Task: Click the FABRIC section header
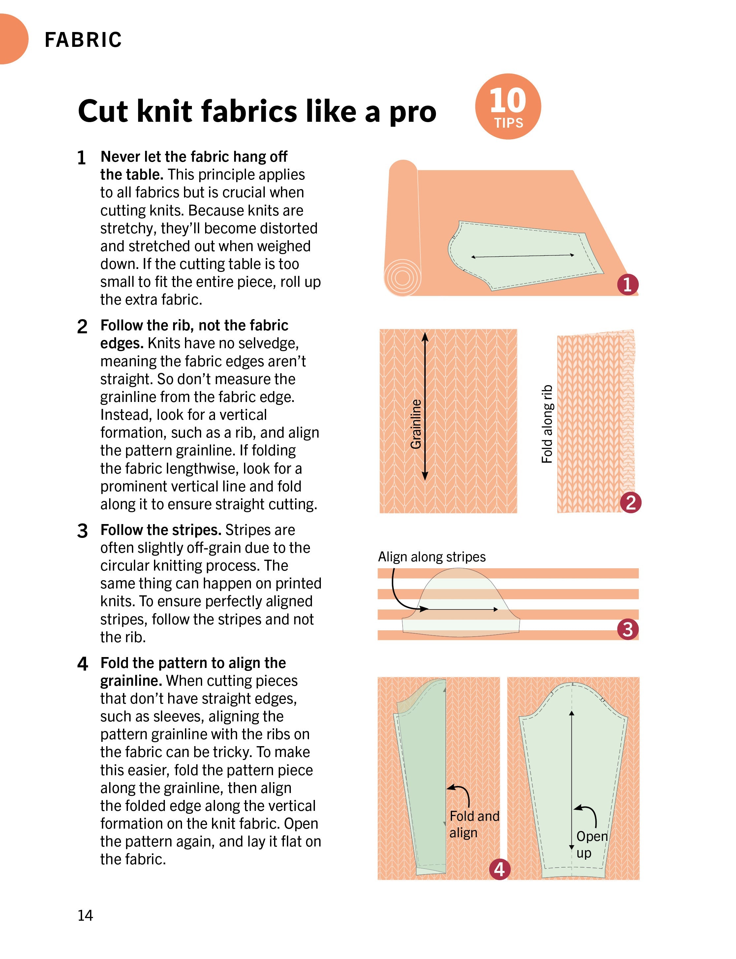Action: (x=83, y=40)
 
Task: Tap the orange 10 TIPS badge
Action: (x=508, y=107)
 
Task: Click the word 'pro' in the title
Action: (x=413, y=112)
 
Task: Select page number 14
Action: (x=85, y=915)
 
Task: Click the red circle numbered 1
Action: (x=628, y=284)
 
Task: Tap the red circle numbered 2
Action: (x=630, y=502)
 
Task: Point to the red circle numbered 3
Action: (x=628, y=629)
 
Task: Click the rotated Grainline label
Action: (x=416, y=424)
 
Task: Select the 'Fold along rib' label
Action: (x=547, y=424)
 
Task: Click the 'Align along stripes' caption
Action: (x=432, y=557)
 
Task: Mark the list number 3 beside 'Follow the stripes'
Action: (x=82, y=531)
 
